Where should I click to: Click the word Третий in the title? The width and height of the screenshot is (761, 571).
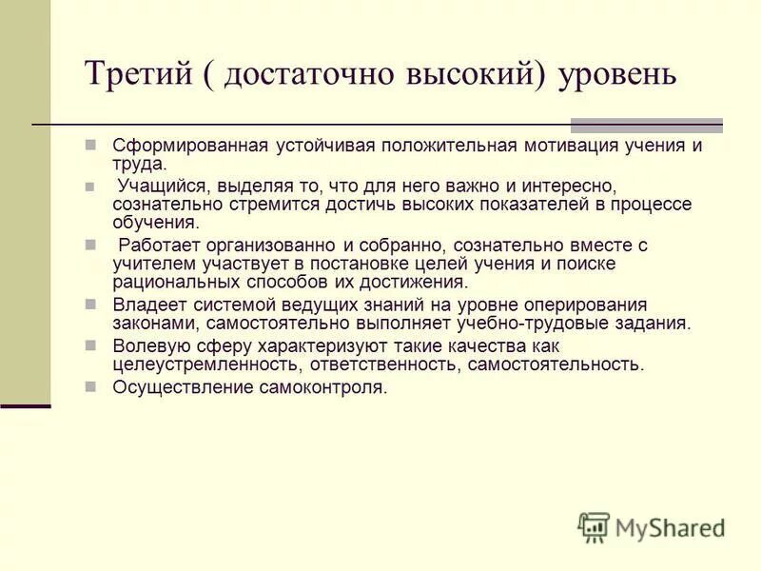[x=137, y=73]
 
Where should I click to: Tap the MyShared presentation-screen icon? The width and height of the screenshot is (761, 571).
[x=594, y=527]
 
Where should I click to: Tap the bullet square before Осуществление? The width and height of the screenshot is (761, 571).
[x=90, y=386]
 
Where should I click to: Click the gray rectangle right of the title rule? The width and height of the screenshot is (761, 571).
[x=646, y=125]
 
